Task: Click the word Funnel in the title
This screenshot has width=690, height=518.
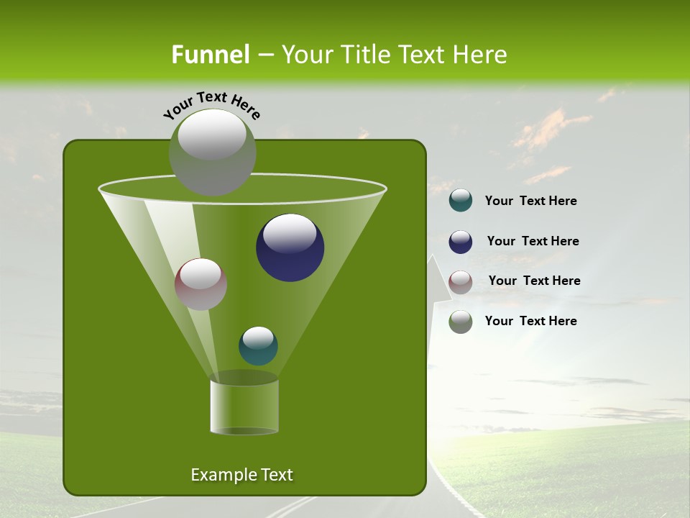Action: pos(210,55)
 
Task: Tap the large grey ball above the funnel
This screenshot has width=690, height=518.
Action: pos(212,152)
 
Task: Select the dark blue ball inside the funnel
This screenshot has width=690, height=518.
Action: pos(290,248)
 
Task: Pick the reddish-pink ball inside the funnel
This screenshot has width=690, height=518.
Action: pos(201,284)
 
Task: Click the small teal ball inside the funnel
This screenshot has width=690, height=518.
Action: pos(258,346)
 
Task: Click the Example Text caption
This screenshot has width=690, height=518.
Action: pos(241,475)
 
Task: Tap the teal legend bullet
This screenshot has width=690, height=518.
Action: pos(461,201)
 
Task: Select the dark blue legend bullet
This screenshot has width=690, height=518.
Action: pos(461,242)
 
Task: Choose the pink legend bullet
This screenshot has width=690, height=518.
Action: pos(461,281)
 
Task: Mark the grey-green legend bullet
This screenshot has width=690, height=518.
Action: pos(461,321)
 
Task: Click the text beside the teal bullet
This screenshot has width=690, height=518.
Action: pos(530,201)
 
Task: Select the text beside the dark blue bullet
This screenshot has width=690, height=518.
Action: pos(533,242)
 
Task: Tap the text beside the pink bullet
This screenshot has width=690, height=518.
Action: pos(534,281)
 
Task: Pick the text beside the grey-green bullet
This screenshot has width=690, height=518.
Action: pos(530,321)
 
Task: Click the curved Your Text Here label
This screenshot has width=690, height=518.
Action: pos(211,104)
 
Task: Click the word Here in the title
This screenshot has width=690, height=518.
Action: pos(481,55)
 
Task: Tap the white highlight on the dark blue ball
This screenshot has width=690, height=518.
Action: pos(290,232)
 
